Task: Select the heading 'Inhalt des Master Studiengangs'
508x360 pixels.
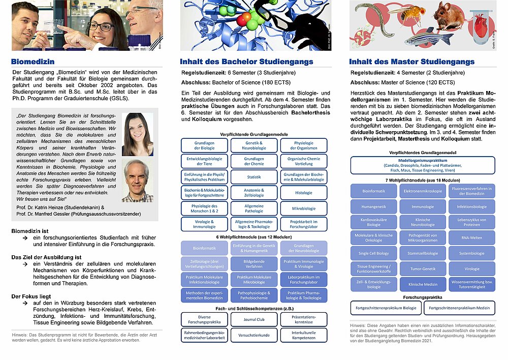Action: (x=411, y=62)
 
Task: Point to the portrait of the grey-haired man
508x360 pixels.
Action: (x=137, y=181)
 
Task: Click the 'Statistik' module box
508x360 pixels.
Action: (x=254, y=177)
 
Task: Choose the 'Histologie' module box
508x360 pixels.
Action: (x=304, y=193)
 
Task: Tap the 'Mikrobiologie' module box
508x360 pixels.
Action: (x=304, y=208)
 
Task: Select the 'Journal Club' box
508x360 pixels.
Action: (x=254, y=319)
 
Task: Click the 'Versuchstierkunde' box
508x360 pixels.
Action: (x=254, y=335)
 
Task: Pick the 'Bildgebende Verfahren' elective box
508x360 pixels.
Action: (x=254, y=263)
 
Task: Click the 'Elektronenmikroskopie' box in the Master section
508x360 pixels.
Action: (x=422, y=191)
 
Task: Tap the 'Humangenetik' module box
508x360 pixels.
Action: (x=373, y=207)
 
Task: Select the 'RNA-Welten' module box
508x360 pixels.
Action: (x=472, y=237)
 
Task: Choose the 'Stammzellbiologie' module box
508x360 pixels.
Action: (x=422, y=253)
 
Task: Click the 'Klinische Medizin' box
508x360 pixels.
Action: (x=422, y=285)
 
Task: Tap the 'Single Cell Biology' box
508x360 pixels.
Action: (x=373, y=253)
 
